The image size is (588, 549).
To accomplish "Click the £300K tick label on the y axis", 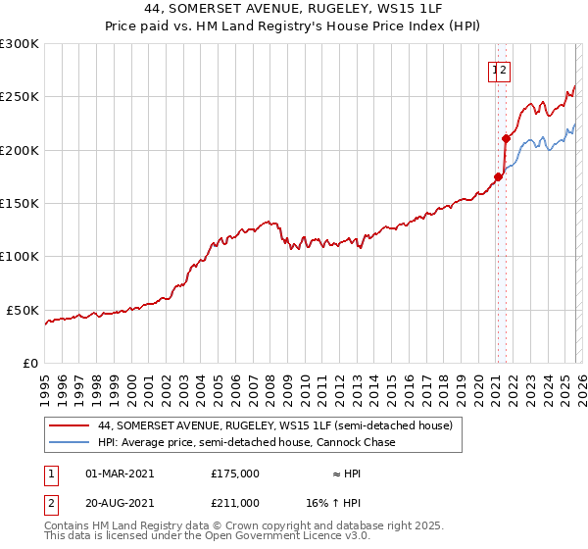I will coord(19,44).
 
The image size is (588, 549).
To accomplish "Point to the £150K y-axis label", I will coord(19,203).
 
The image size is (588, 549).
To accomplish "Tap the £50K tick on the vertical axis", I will coord(23,310).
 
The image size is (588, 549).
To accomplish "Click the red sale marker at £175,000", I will coord(498,177).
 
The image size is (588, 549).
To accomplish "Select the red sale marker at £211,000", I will coord(506,138).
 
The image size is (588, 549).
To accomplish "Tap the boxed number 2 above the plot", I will coord(504,70).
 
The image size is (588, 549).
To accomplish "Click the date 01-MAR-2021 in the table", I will coord(121,473).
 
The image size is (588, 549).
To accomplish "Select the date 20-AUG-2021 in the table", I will coord(121,503).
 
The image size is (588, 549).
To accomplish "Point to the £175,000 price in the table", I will coord(235,473).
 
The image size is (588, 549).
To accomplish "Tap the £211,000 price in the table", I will coord(235,503).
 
